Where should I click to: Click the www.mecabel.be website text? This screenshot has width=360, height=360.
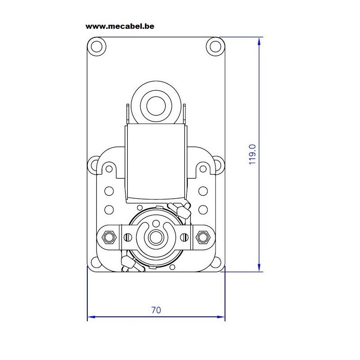(x=120, y=27)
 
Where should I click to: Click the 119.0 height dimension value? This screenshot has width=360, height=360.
(x=252, y=154)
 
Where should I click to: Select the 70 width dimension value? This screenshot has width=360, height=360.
(x=156, y=310)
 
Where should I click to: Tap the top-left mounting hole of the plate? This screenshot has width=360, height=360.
(x=97, y=46)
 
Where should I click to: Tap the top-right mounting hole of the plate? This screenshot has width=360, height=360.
(x=216, y=46)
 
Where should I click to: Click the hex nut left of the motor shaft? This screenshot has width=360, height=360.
(x=109, y=237)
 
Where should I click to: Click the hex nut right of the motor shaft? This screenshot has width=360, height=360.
(x=203, y=237)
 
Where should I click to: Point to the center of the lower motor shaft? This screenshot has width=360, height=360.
(x=156, y=237)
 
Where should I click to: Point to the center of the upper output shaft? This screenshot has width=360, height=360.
(x=156, y=106)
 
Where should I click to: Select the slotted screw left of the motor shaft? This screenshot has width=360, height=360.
(x=128, y=237)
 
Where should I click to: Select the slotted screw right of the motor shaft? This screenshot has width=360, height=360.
(x=184, y=237)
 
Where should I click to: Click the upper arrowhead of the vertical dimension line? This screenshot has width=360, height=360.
(x=259, y=41)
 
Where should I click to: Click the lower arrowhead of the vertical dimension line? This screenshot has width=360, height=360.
(x=259, y=267)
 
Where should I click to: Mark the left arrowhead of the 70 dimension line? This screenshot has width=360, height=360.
(x=91, y=317)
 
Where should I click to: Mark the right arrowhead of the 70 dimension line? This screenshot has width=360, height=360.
(x=221, y=317)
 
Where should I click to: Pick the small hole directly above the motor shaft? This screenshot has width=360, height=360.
(x=156, y=223)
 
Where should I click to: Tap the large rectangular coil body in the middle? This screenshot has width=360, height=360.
(x=156, y=162)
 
